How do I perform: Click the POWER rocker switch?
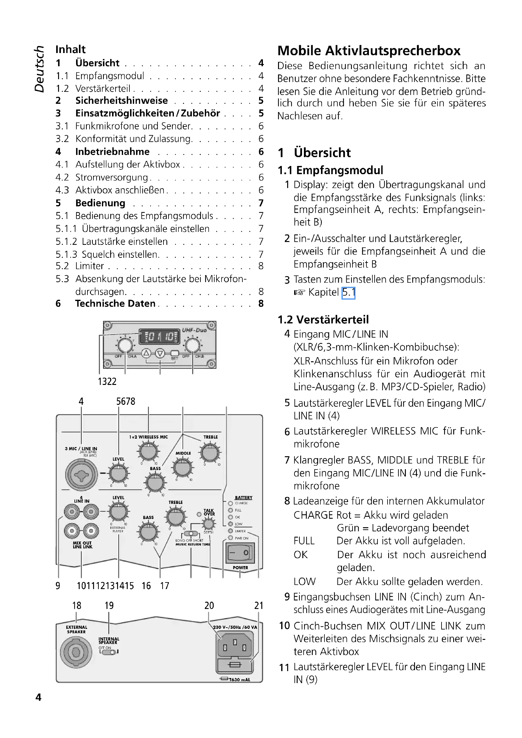(x=240, y=553)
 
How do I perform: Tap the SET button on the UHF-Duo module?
(x=175, y=353)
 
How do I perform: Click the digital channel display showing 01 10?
(x=159, y=337)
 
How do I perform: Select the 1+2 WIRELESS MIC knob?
(x=148, y=451)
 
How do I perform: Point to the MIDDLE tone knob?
(x=183, y=468)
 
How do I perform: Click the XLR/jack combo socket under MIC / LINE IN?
(x=81, y=475)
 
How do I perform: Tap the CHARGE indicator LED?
(x=230, y=503)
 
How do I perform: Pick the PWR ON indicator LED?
(x=230, y=538)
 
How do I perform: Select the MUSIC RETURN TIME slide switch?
(x=191, y=534)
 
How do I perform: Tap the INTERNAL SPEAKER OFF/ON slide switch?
(x=109, y=652)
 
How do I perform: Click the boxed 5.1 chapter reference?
(x=348, y=292)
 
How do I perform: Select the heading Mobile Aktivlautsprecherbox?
(x=369, y=51)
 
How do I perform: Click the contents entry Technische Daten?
(x=115, y=304)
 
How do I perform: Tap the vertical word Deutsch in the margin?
(x=39, y=69)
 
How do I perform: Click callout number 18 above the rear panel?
(x=76, y=605)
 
